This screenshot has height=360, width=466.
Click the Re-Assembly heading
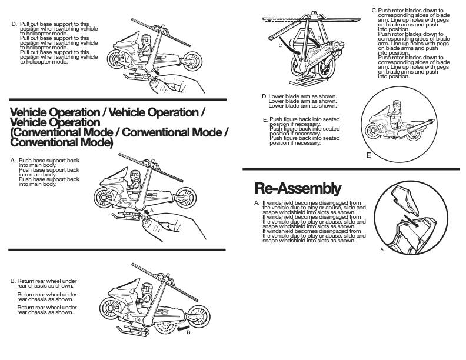(x=297, y=188)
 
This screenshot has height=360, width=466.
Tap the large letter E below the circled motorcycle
(x=368, y=155)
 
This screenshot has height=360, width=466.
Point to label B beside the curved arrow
(x=188, y=332)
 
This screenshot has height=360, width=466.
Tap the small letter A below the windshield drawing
(x=382, y=249)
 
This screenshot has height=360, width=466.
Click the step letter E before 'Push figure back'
(x=265, y=119)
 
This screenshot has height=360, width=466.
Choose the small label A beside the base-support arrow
(x=151, y=209)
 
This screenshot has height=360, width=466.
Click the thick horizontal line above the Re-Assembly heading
(x=351, y=169)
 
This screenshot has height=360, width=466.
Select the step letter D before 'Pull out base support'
(x=14, y=24)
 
